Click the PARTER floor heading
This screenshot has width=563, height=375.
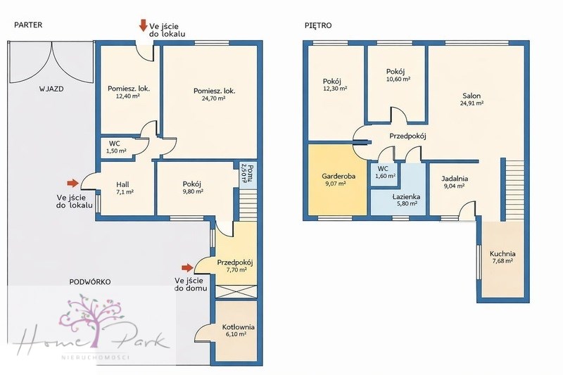pyautogui.click(x=28, y=25)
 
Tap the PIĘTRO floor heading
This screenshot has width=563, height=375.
pyautogui.click(x=318, y=25)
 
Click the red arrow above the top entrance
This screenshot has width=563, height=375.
pyautogui.click(x=144, y=26)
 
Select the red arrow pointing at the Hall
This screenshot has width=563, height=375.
pyautogui.click(x=73, y=184)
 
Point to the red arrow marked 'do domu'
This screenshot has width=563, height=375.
pyautogui.click(x=187, y=267)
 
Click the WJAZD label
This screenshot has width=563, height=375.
pyautogui.click(x=51, y=89)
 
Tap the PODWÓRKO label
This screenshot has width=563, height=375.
pyautogui.click(x=90, y=281)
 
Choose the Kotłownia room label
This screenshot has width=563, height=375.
pyautogui.click(x=239, y=327)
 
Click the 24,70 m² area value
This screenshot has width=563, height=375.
pyautogui.click(x=213, y=98)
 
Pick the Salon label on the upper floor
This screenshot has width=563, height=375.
pyautogui.click(x=472, y=96)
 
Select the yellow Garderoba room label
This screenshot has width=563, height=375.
pyautogui.click(x=339, y=176)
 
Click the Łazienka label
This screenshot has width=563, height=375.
pyautogui.click(x=406, y=197)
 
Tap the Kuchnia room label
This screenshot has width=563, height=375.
pyautogui.click(x=502, y=254)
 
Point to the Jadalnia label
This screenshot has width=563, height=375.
pyautogui.click(x=455, y=179)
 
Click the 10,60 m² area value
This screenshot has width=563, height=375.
pyautogui.click(x=398, y=79)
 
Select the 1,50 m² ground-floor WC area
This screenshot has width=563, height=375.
pyautogui.click(x=116, y=151)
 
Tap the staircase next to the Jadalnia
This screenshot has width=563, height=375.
pyautogui.click(x=514, y=190)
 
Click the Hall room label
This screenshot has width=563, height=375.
pyautogui.click(x=122, y=184)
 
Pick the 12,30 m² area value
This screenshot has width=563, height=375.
pyautogui.click(x=335, y=88)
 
